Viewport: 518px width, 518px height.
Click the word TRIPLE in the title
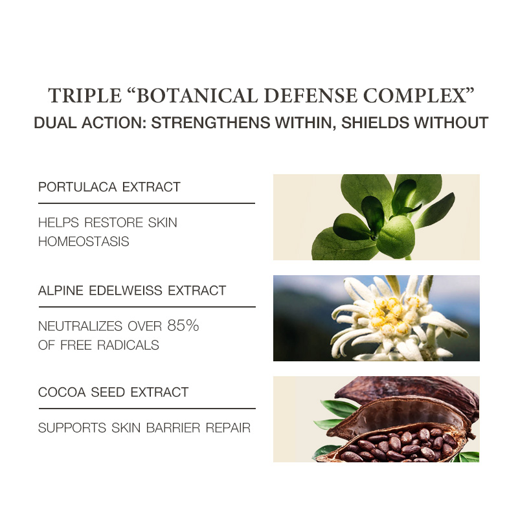pos(85,96)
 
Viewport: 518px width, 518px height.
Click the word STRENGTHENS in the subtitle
pos(211,122)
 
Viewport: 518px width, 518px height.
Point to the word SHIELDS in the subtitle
pos(376,122)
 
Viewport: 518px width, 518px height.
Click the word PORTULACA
pos(78,187)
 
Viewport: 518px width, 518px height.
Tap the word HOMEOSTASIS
pos(84,242)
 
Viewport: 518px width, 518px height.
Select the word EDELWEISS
pos(126,291)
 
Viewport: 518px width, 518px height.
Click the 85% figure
pos(183,326)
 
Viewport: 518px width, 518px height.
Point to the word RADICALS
pos(128,345)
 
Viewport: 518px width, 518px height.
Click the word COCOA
pos(62,392)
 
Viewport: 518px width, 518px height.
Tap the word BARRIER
pos(173,428)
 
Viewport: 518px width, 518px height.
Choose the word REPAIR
pos(229,428)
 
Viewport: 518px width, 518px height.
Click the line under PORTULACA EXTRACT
pos(147,203)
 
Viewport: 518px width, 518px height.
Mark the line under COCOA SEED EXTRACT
pos(147,409)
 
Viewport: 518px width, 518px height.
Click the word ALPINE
pos(61,291)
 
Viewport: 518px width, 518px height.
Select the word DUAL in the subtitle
pos(55,122)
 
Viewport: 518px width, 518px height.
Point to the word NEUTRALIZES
pos(80,326)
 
